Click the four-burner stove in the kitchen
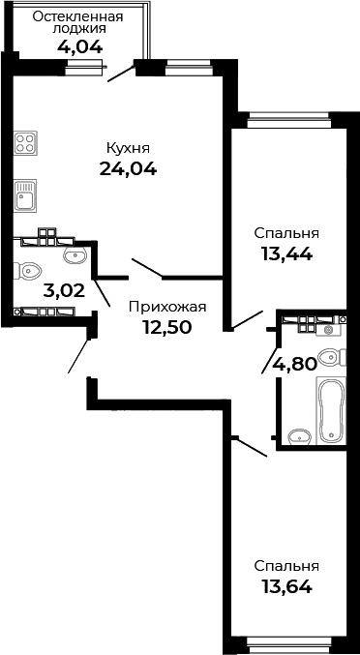pyautogui.click(x=25, y=144)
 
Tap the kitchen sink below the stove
pyautogui.click(x=25, y=198)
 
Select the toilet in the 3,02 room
pyautogui.click(x=28, y=271)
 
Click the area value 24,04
pyautogui.click(x=128, y=168)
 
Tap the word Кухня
pyautogui.click(x=128, y=148)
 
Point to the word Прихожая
pyautogui.click(x=167, y=307)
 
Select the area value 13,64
pyautogui.click(x=286, y=585)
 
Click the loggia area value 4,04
pyautogui.click(x=76, y=45)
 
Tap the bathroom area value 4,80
pyautogui.click(x=292, y=365)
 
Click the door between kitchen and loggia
pyautogui.click(x=120, y=74)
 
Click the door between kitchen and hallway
pyautogui.click(x=148, y=266)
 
